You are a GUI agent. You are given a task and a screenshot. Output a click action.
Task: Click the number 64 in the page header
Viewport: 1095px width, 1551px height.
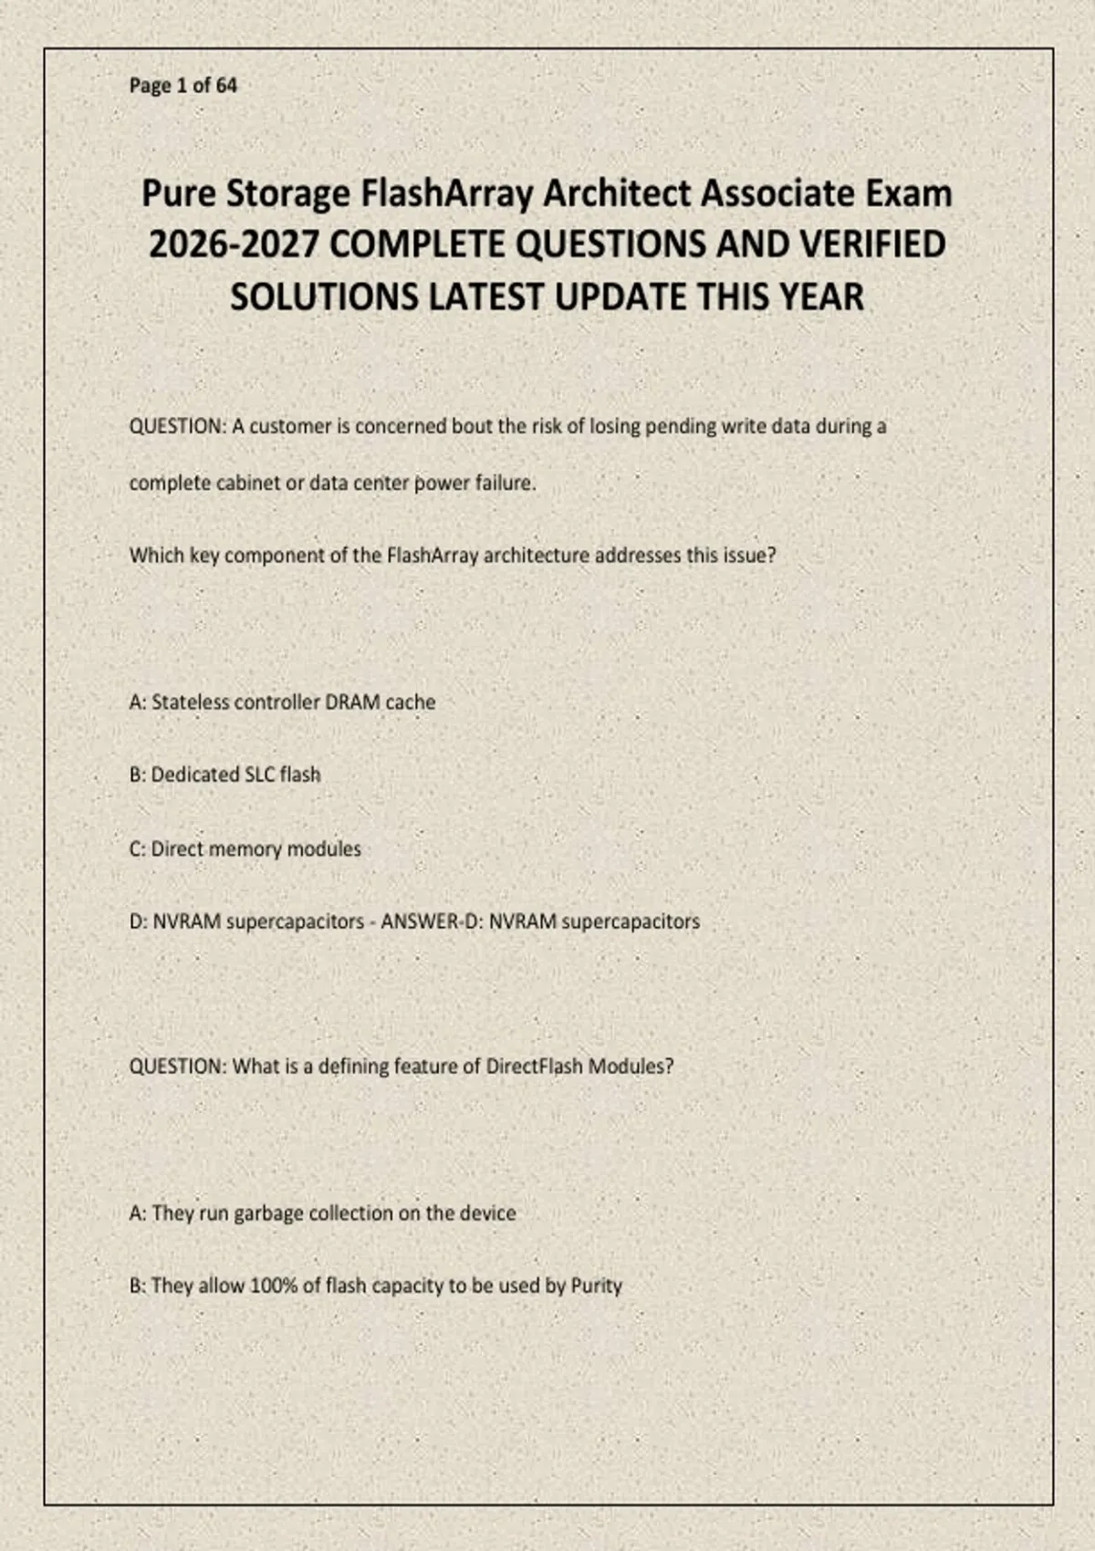[226, 86]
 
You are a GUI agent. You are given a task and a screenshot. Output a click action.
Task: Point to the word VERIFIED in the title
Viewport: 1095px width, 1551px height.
[872, 245]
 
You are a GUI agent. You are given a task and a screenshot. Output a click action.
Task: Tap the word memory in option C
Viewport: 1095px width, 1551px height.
[246, 849]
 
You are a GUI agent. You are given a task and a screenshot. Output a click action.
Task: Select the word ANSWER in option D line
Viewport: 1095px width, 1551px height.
[419, 921]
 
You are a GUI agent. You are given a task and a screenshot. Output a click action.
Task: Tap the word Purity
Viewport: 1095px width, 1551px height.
[596, 1286]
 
